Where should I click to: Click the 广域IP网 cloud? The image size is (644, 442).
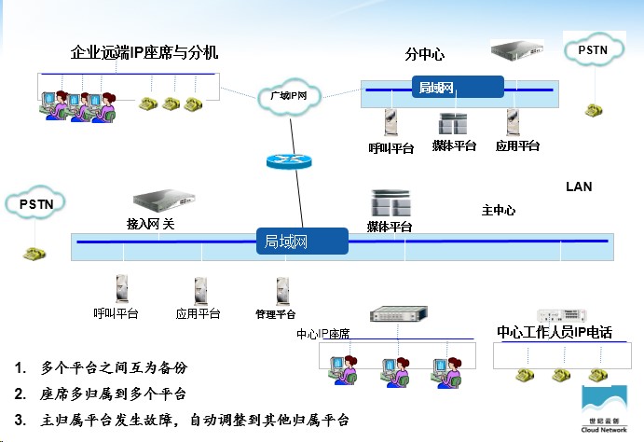(x=289, y=95)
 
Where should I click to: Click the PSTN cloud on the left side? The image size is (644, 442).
(x=35, y=202)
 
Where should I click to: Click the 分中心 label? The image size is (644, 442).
(x=423, y=53)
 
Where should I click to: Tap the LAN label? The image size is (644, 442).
(x=579, y=187)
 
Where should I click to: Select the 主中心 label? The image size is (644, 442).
(x=499, y=211)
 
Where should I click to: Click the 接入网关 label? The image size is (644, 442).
(x=150, y=224)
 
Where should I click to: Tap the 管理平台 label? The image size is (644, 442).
(x=275, y=314)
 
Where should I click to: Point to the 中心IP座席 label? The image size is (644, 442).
(x=329, y=334)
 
